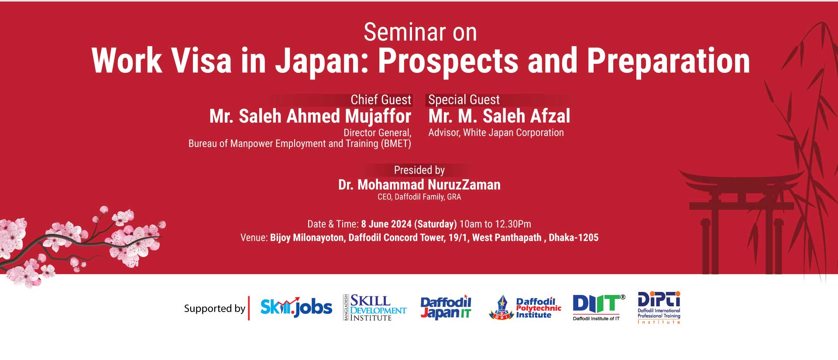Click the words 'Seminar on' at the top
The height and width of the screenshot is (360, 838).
pyautogui.click(x=420, y=32)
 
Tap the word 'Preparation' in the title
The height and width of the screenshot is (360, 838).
pyautogui.click(x=668, y=61)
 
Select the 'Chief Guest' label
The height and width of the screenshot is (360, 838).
pyautogui.click(x=381, y=100)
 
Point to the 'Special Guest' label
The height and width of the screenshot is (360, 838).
pyautogui.click(x=464, y=100)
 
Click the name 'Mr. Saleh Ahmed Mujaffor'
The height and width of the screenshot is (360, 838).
pyautogui.click(x=310, y=117)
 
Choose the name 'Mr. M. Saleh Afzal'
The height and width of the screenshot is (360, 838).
pyautogui.click(x=499, y=117)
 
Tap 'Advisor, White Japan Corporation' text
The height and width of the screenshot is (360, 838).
pyautogui.click(x=496, y=133)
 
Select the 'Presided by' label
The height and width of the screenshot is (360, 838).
pyautogui.click(x=419, y=170)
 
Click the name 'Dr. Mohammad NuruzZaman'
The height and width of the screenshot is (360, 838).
pyautogui.click(x=419, y=185)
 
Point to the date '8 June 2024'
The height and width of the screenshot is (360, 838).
pyautogui.click(x=386, y=224)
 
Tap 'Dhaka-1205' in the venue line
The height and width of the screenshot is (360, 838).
pyautogui.click(x=574, y=238)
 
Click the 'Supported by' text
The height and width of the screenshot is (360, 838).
pyautogui.click(x=215, y=309)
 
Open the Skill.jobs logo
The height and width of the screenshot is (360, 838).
pyautogui.click(x=296, y=307)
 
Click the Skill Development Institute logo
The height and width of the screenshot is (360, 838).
pyautogui.click(x=375, y=308)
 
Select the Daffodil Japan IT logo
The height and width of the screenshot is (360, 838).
pyautogui.click(x=446, y=308)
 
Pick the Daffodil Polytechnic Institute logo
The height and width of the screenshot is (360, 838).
pyautogui.click(x=525, y=308)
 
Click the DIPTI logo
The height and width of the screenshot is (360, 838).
pyautogui.click(x=659, y=308)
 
